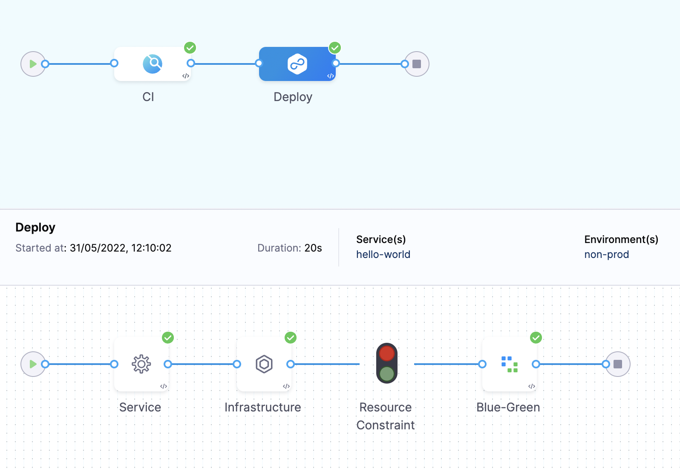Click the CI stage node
tap(152, 64)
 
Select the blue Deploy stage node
tap(297, 64)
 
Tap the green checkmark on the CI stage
tap(190, 48)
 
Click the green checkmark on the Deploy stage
tap(335, 48)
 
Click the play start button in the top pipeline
tap(33, 64)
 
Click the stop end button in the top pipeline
tap(417, 64)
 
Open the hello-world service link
tap(383, 255)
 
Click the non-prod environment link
tap(606, 255)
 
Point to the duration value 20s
tap(313, 248)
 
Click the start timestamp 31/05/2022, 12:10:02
tap(121, 248)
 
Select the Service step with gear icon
tap(141, 364)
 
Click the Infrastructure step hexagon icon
tap(264, 364)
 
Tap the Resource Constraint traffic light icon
tap(387, 363)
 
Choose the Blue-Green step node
tap(510, 364)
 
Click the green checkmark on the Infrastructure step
tap(291, 338)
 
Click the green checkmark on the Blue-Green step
tap(536, 338)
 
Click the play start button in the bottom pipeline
tap(33, 364)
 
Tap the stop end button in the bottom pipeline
tap(618, 364)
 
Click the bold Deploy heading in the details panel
tap(35, 227)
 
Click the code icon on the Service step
tap(164, 386)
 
